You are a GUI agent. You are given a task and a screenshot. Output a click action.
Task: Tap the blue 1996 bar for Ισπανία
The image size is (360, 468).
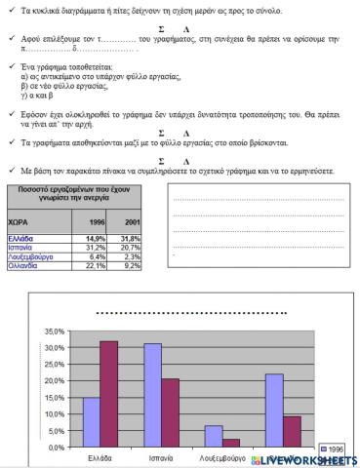point(152,396)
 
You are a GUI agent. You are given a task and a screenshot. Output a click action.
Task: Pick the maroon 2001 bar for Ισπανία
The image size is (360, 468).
point(170,413)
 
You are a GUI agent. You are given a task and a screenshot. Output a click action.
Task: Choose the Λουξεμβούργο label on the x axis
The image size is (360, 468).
point(224,457)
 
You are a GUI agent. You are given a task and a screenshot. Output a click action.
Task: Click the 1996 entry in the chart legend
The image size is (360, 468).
point(334,448)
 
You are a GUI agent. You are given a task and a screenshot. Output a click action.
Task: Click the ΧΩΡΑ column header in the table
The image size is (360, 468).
point(20,222)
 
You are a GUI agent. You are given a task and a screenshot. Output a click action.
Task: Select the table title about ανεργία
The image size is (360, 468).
point(74,191)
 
